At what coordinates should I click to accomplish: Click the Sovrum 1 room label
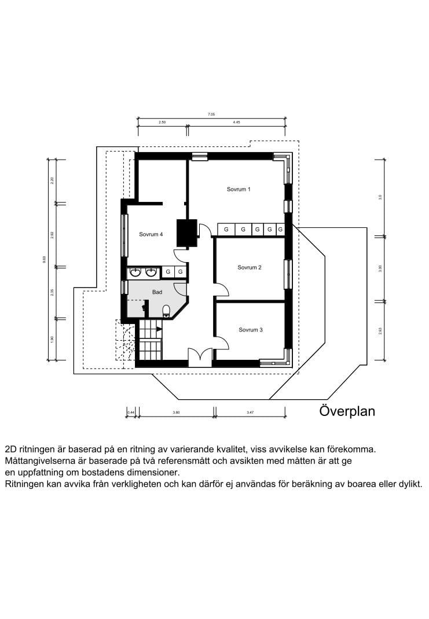point(239,189)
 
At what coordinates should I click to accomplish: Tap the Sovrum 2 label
point(250,267)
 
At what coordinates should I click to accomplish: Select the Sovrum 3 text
point(251,330)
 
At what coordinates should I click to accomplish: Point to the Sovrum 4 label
point(151,234)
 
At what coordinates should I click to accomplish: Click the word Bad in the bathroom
point(157,292)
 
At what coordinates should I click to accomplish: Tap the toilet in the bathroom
point(166,312)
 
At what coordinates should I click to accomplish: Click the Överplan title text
point(347,411)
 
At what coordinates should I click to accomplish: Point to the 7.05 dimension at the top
point(211,115)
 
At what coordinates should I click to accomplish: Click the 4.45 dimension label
point(236,123)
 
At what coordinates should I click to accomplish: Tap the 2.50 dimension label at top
point(162,123)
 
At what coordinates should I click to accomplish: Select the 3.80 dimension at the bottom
point(177,412)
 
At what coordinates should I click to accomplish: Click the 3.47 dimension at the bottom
point(250,412)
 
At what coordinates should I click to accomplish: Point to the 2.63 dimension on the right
point(380,330)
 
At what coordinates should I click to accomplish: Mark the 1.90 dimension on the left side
point(52,339)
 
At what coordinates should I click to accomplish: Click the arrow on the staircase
point(159,329)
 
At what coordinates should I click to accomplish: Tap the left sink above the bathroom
point(136,271)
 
